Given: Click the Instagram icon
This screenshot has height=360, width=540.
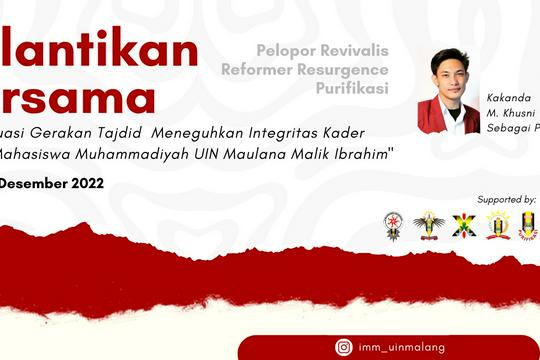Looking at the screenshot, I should tap(344, 347).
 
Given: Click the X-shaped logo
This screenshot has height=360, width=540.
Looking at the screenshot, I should tap(464, 225).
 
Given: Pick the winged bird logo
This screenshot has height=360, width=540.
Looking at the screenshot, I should tap(429, 225).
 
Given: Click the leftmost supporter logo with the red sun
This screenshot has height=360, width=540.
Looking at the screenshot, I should tap(394, 226).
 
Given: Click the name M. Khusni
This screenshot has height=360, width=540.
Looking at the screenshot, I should tap(512, 116).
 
